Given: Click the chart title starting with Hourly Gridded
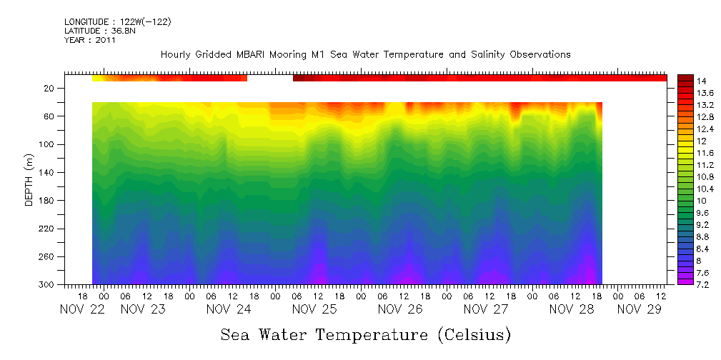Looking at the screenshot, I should [365, 54].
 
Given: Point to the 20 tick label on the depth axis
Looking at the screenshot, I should [50, 89].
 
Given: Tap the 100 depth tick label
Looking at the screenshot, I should [48, 145].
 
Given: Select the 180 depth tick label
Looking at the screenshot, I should [48, 201].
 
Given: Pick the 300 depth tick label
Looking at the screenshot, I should [48, 285].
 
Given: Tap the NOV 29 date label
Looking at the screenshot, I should [638, 309].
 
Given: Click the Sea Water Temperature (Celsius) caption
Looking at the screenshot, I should [365, 334].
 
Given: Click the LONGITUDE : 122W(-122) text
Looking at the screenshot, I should [117, 22].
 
